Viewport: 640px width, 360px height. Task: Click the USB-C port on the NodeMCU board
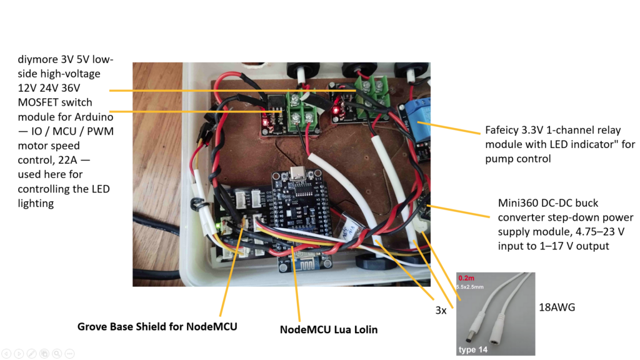(x=299, y=174)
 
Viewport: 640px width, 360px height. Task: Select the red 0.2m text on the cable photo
(x=466, y=278)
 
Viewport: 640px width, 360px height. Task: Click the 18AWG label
(x=557, y=307)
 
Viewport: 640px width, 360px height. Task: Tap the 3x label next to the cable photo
(x=441, y=310)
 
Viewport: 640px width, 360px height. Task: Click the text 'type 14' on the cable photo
(x=472, y=349)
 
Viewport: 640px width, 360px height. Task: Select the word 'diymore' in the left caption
(x=38, y=59)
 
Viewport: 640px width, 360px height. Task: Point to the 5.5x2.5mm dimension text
(x=470, y=287)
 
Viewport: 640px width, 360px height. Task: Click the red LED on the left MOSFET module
(x=265, y=122)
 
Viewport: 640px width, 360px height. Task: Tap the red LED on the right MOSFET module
(x=336, y=110)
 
